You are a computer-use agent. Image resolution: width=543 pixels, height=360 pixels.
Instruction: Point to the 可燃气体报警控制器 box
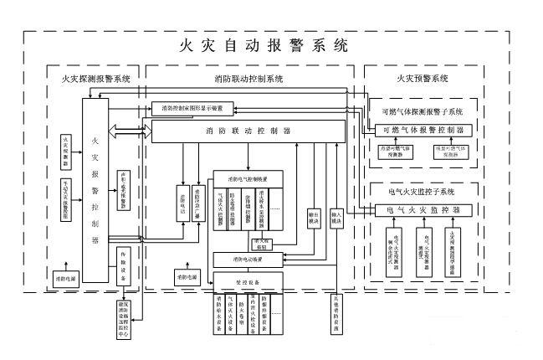426,131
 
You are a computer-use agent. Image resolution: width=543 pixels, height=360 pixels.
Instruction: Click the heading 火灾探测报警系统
95,79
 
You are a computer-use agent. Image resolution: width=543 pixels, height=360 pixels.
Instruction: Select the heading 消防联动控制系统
248,79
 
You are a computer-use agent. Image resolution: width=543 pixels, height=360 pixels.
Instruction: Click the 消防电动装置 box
241,259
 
